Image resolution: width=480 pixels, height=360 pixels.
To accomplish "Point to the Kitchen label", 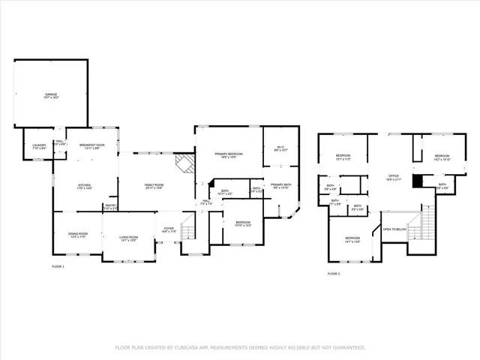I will (85, 186).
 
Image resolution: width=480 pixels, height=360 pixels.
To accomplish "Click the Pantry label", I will (110, 207).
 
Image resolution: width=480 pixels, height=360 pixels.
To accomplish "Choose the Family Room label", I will (154, 186).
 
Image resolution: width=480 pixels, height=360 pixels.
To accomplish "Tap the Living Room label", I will (128, 238).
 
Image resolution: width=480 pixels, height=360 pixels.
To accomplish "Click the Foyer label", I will (169, 230).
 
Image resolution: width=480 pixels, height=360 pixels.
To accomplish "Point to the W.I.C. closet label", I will (280, 148).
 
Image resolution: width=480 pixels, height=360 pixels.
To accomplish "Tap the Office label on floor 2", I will (393, 178).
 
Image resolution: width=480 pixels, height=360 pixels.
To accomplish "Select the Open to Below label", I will (394, 229).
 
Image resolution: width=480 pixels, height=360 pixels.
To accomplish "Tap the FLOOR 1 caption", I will (58, 267).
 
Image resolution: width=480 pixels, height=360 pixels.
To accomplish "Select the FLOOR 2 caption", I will (333, 274).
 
